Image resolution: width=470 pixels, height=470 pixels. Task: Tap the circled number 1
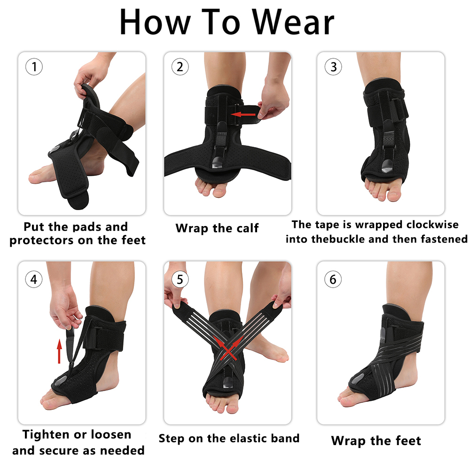point(34,67)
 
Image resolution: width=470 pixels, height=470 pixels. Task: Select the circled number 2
point(180,67)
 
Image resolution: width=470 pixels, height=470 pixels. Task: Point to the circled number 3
point(333,67)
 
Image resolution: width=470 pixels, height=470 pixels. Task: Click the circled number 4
point(34,279)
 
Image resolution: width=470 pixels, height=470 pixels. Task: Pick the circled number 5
point(180,279)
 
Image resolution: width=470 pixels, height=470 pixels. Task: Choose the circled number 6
point(333,279)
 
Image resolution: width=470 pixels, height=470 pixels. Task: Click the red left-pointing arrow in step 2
point(243,114)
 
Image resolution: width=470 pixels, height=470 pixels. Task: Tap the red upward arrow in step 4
point(59,351)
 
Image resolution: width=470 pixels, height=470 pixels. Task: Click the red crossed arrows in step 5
point(229,348)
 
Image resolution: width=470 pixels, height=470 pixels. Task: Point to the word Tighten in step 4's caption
point(42,435)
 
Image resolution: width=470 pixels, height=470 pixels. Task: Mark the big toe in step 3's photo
point(394,193)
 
